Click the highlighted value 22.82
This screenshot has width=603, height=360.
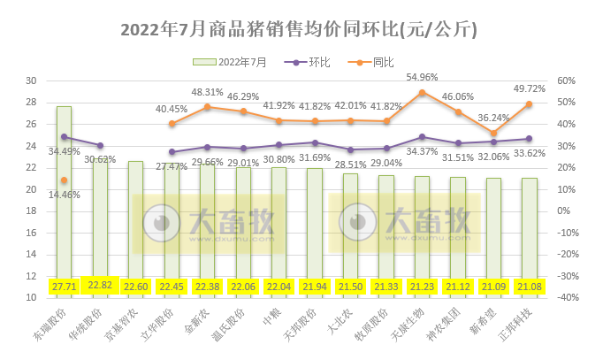click(99, 285)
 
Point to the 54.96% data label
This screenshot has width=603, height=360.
click(422, 77)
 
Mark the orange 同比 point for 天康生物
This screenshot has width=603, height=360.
click(422, 92)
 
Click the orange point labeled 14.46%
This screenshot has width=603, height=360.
click(64, 180)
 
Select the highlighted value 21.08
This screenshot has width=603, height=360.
click(529, 285)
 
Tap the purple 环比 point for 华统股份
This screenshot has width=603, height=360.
click(99, 145)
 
